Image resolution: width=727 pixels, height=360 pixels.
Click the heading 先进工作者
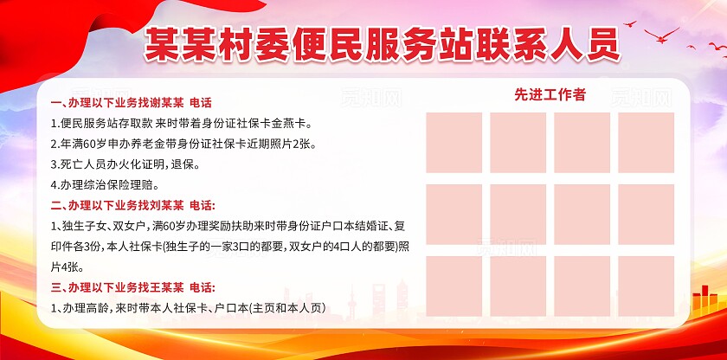[550, 95]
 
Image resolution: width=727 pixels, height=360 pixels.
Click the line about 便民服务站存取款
[180, 124]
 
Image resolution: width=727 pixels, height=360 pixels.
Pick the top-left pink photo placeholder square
[454, 142]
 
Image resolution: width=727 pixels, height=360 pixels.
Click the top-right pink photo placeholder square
[646, 142]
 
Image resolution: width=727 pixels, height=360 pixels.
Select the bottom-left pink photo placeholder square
[454, 285]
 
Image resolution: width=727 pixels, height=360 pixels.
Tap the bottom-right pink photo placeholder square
[646, 285]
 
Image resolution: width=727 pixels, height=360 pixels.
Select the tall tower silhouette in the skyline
[353, 303]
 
